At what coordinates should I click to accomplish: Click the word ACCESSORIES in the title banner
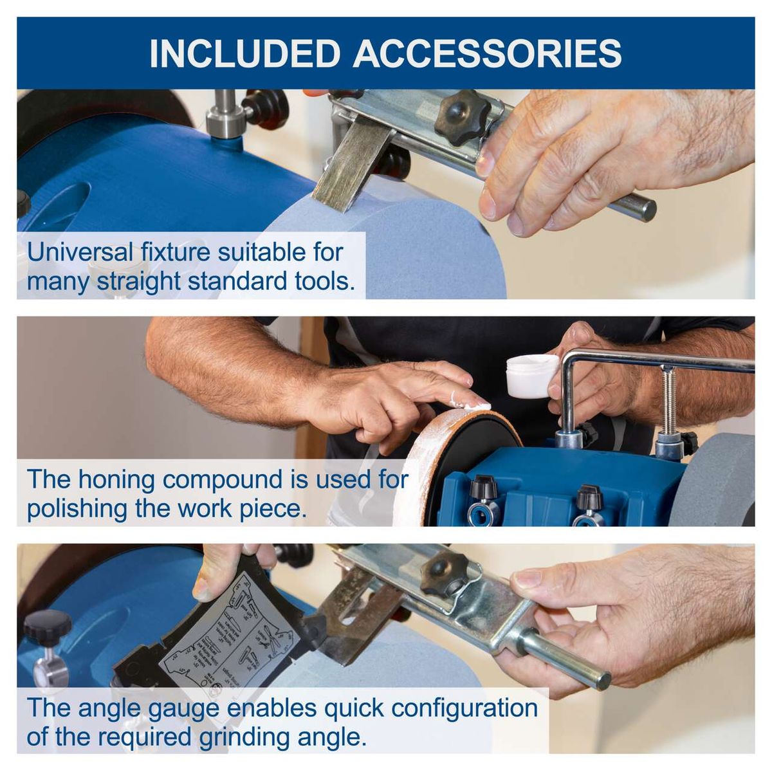point(487,54)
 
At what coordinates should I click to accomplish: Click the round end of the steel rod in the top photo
point(646,210)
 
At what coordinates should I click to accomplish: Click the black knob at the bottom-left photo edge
point(48,624)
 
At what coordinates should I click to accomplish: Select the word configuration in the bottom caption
point(464,708)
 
